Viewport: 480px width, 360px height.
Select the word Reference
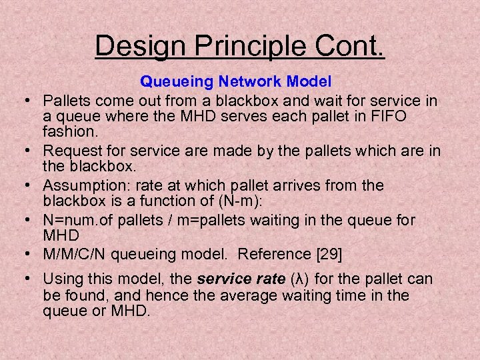tap(266, 254)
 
